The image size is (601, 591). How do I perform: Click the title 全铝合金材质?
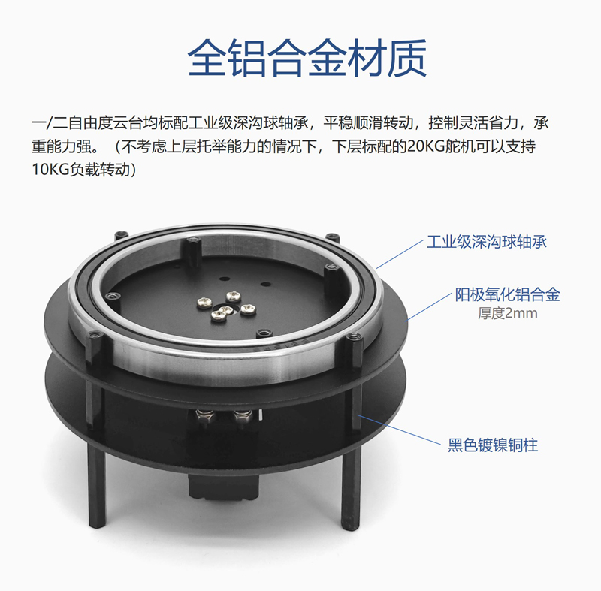click(307, 59)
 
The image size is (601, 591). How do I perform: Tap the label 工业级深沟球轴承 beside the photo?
click(487, 242)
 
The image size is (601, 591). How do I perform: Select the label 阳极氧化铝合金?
click(508, 294)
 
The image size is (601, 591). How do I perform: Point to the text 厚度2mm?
click(508, 313)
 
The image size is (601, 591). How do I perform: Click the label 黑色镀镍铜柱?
click(493, 445)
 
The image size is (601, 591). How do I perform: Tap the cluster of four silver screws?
click(226, 306)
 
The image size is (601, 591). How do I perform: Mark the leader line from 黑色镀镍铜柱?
click(399, 430)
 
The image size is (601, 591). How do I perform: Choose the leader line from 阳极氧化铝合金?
click(429, 307)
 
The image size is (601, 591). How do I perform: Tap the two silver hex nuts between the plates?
click(224, 418)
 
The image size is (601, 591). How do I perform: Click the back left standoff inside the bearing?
click(194, 252)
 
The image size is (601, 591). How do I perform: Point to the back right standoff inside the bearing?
click(331, 279)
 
